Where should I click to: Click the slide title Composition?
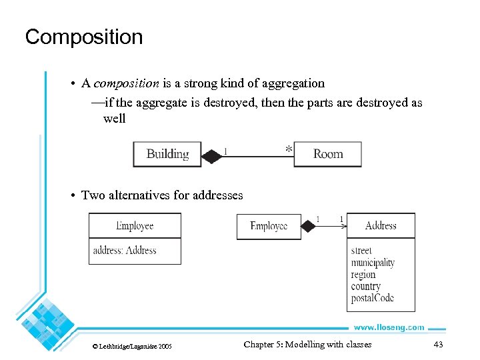pos(84,37)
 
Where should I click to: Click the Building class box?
pos(167,154)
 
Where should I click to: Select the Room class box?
pos(327,154)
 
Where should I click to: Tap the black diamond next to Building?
pos(211,157)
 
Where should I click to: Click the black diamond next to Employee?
pos(307,227)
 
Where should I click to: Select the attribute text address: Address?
pos(125,251)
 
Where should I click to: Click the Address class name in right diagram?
pos(381,226)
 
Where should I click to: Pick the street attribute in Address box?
pos(361,251)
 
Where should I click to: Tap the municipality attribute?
pos(373,263)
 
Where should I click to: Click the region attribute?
pos(363,275)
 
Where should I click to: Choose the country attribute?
pos(365,287)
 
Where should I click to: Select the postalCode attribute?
pos(372,298)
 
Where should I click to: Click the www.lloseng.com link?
pos(388,327)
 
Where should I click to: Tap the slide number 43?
pos(438,345)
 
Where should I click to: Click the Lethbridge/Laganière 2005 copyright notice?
pos(132,346)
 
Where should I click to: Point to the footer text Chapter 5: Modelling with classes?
pos(307,345)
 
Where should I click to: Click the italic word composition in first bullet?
pos(126,83)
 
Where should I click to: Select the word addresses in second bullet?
pos(217,195)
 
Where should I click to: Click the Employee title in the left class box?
pos(135,226)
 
